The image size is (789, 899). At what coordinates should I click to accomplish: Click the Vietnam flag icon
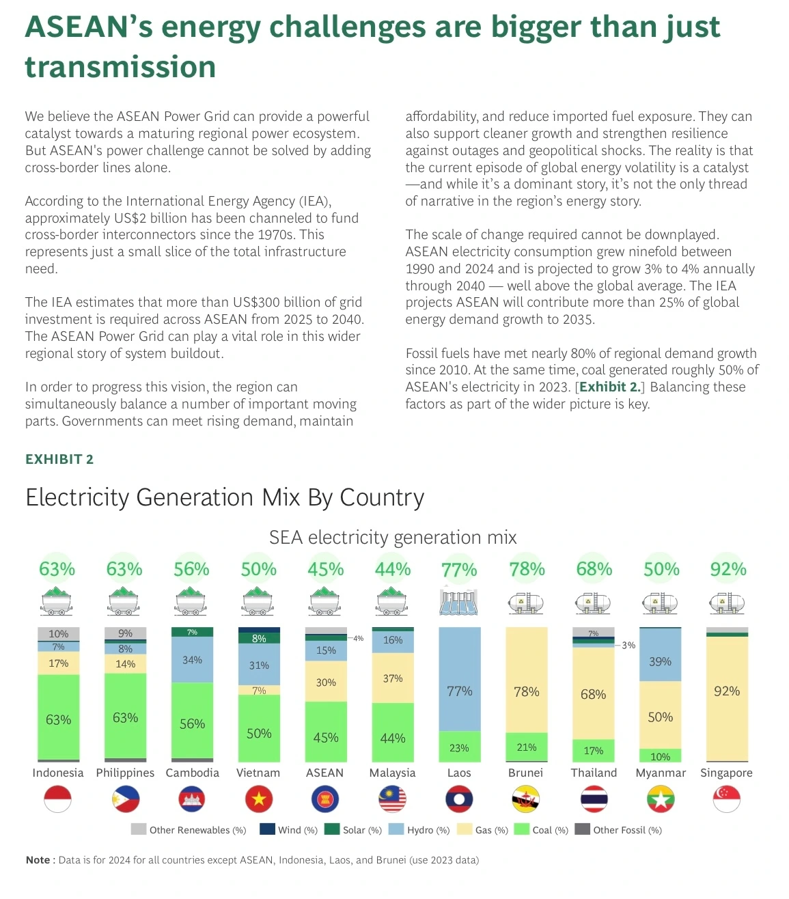click(259, 799)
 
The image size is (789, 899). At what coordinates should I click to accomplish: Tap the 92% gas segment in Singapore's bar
click(727, 699)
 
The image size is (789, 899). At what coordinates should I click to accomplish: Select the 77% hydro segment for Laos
click(459, 679)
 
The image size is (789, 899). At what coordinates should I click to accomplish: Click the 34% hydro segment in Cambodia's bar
click(192, 660)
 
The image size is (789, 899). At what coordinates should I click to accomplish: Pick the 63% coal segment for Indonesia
click(59, 717)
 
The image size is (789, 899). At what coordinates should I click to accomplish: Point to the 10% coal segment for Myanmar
click(660, 756)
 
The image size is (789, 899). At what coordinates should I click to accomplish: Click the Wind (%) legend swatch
click(267, 829)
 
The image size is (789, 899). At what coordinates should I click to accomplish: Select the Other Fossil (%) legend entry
click(618, 830)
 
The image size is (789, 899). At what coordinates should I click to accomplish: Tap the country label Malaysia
click(392, 773)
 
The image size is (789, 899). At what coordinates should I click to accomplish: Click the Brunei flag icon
click(525, 799)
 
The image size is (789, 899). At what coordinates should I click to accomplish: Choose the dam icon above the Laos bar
click(459, 602)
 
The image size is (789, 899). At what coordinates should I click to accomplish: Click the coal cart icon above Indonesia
click(56, 600)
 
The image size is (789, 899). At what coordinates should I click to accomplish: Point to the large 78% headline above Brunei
click(527, 569)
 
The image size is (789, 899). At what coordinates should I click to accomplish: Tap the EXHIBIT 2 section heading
click(59, 459)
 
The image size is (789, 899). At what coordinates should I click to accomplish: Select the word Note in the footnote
click(38, 860)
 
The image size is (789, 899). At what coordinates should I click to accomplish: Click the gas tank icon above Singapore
click(727, 603)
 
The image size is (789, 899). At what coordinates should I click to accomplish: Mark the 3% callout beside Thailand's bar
click(628, 645)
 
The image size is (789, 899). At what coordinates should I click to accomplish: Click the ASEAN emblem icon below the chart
click(325, 799)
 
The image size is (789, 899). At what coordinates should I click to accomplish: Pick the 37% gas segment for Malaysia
click(393, 678)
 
